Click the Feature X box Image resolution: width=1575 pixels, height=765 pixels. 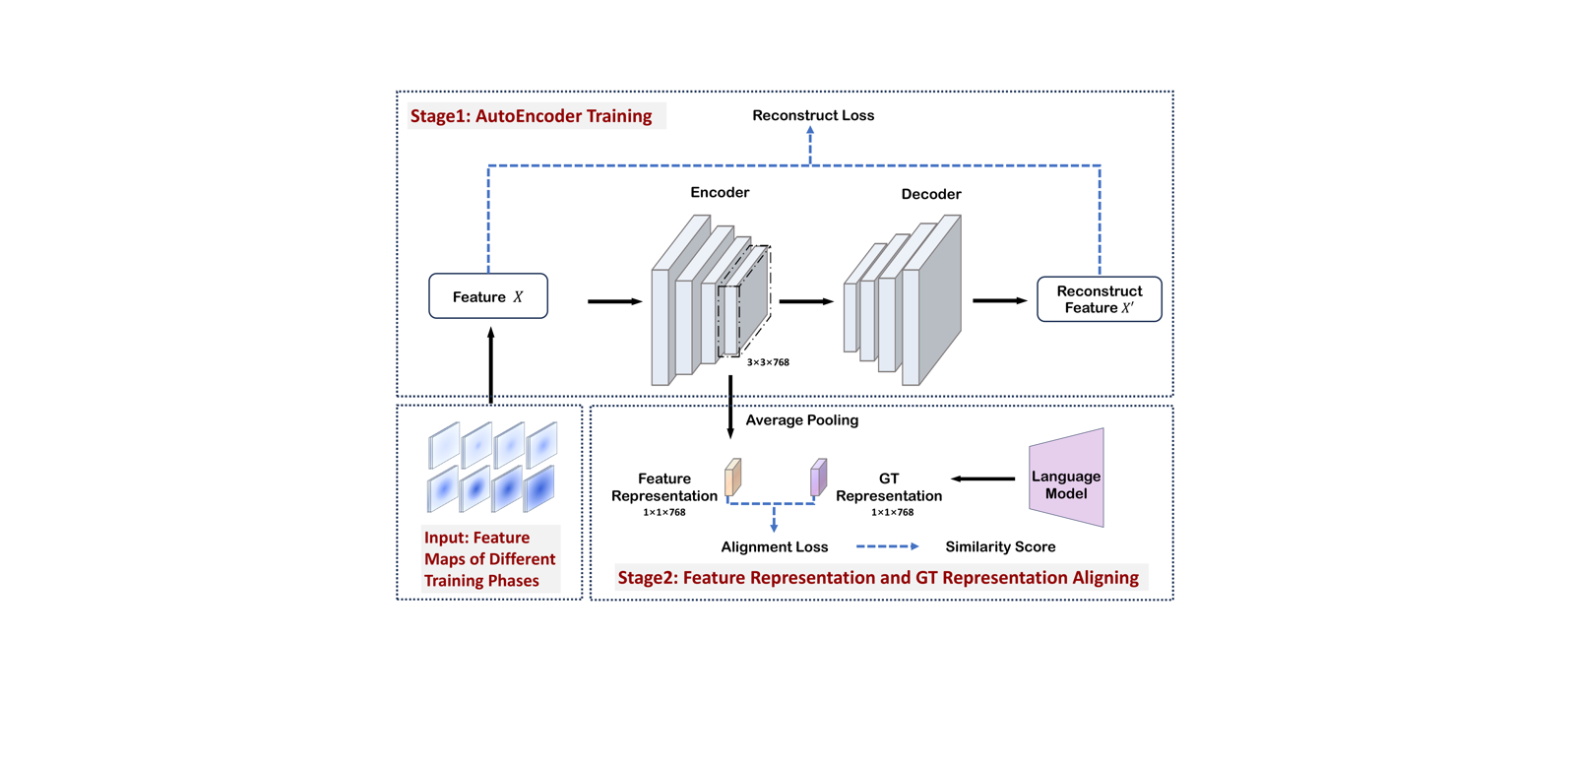487,296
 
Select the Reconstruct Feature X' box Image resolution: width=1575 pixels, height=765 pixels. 1099,299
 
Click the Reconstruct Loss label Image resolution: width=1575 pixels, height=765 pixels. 813,115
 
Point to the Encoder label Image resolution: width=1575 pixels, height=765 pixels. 720,192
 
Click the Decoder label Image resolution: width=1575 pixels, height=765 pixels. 930,194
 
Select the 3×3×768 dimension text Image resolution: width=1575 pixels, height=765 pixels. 768,362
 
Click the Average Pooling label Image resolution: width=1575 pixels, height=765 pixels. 801,420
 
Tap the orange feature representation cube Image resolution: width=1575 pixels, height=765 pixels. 733,478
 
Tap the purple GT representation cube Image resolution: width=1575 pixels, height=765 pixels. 818,478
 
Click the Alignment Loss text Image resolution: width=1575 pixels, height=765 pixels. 775,546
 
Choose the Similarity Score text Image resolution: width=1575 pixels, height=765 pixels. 1000,546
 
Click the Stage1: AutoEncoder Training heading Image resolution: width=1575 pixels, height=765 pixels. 532,116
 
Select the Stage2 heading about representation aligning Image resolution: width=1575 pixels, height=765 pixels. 878,578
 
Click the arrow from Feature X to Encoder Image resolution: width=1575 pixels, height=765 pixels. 614,301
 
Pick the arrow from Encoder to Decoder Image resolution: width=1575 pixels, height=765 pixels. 806,301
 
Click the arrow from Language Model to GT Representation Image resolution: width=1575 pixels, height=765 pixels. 982,479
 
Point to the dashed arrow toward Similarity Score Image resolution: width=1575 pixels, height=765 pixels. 887,546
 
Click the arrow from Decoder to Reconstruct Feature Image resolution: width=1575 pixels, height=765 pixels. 999,300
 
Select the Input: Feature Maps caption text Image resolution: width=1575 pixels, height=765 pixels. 489,559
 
